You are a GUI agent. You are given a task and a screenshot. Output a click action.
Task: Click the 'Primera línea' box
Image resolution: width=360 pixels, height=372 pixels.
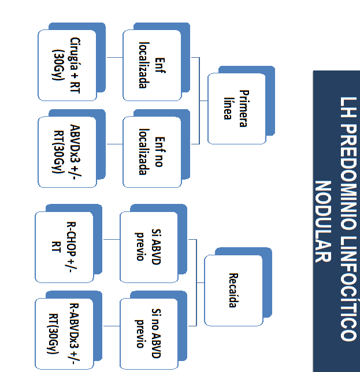pos(236,108)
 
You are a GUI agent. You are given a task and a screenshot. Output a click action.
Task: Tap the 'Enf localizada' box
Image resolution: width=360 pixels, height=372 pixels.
pos(151,65)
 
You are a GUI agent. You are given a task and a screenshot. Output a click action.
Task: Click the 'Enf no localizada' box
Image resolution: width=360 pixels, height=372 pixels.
pos(151,151)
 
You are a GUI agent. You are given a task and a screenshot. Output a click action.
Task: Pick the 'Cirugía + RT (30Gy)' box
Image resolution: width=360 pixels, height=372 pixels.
pos(66,65)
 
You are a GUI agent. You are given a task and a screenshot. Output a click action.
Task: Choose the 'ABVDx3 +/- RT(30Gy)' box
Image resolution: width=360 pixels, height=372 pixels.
pos(66,151)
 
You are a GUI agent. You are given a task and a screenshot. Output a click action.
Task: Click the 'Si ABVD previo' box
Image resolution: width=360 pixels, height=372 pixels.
pos(149,247)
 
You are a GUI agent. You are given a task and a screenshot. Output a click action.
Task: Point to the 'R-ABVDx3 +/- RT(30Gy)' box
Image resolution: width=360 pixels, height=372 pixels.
pos(64,333)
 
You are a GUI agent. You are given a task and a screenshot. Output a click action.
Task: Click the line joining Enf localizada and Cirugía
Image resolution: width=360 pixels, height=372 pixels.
pos(114,58)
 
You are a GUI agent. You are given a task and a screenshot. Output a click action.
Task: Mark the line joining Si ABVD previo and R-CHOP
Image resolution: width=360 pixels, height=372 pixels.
pos(112,239)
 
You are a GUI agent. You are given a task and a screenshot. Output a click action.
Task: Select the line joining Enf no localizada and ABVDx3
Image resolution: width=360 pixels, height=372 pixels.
pos(114,144)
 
